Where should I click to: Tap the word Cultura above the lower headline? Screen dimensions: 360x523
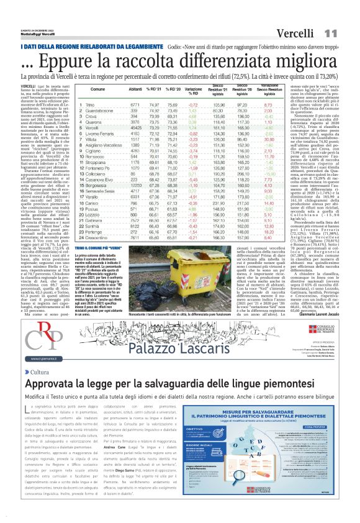[39, 372]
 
